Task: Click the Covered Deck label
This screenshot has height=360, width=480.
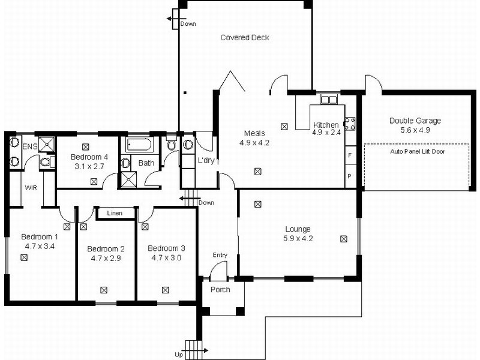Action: tap(244, 37)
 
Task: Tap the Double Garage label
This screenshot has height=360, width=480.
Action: tap(415, 121)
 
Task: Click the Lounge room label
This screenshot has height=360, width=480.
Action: tap(298, 229)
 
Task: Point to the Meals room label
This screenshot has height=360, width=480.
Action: tap(254, 133)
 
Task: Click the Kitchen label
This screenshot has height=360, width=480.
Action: tap(326, 125)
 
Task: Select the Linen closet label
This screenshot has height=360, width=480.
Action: tap(115, 213)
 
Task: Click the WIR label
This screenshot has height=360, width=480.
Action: tap(31, 187)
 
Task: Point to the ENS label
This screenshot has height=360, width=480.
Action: tap(29, 146)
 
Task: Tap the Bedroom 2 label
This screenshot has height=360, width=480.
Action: tap(106, 248)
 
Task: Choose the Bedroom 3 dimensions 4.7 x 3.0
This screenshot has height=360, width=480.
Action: tap(166, 258)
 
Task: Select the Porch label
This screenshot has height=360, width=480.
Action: tap(220, 289)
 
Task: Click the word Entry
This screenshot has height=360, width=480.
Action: tap(220, 255)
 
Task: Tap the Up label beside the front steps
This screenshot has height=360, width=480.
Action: tap(179, 355)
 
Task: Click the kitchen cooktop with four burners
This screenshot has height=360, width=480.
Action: tap(350, 124)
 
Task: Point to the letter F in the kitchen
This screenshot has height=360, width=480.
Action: tap(349, 155)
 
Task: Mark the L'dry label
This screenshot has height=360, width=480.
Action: tap(206, 161)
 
